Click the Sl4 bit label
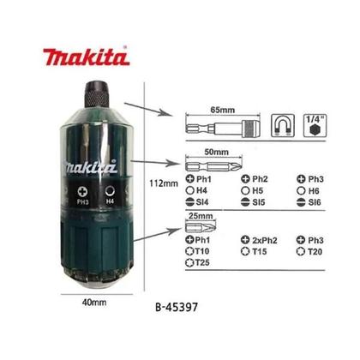click(202, 198)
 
